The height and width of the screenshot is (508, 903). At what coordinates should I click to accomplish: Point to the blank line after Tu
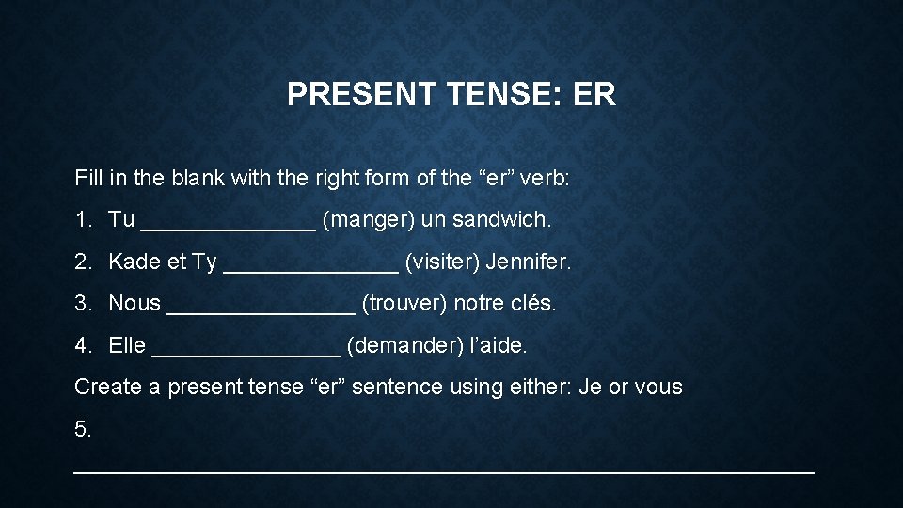228,226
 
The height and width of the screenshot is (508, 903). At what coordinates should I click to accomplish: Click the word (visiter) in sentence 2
442,262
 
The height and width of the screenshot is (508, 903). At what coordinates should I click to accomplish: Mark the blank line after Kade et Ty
310,267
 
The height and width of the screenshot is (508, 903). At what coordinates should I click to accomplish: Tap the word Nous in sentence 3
135,304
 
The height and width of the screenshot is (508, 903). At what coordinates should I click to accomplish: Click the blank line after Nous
261,310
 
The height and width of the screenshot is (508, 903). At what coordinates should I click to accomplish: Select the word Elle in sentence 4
127,345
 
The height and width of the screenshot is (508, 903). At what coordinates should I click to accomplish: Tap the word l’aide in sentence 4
498,345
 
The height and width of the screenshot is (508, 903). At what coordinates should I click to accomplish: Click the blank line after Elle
246,351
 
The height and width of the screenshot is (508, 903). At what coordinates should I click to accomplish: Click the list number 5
83,429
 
